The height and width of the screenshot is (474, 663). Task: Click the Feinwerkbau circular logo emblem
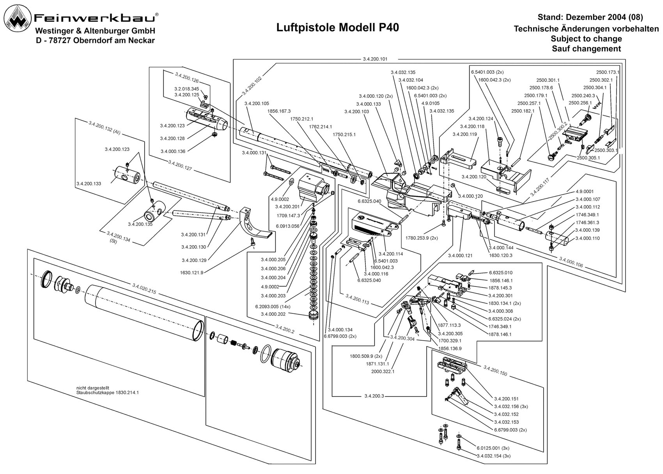tap(18, 18)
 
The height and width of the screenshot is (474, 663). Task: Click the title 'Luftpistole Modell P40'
tap(337, 28)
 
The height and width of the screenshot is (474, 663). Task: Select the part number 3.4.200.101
tap(375, 59)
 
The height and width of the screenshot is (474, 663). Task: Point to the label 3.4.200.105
tap(257, 103)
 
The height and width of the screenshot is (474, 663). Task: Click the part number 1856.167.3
tap(279, 111)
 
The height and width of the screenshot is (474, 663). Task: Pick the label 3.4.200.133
tap(89, 184)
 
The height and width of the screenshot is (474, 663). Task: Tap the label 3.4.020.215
tap(144, 288)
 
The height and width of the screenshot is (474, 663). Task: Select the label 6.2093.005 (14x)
tap(273, 306)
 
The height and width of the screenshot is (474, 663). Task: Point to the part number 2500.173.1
tap(608, 72)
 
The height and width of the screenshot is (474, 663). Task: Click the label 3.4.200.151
tap(506, 399)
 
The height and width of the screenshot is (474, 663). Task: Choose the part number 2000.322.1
tap(383, 371)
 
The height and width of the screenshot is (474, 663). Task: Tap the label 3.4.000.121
tap(460, 255)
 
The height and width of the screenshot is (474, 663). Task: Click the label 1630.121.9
tap(191, 272)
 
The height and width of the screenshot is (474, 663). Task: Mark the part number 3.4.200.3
tap(374, 396)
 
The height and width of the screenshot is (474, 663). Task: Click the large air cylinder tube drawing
tap(144, 313)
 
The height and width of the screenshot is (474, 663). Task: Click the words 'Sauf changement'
tap(586, 48)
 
